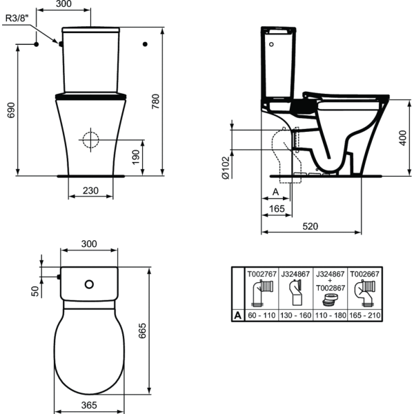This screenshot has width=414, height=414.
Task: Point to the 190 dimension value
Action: pos(135,157)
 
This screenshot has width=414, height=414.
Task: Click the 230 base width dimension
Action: pos(90,191)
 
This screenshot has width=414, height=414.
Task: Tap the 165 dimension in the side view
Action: pos(277,208)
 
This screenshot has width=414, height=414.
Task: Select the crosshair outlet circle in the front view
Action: pos(90,139)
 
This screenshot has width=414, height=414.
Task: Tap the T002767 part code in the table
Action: pos(262,274)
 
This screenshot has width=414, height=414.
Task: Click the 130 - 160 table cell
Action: pos(296,315)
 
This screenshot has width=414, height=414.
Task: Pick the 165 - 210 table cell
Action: pos(364,315)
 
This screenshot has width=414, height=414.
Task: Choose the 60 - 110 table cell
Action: pos(262,315)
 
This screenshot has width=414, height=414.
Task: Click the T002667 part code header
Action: pos(364,274)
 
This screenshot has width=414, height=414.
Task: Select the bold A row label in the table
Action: pos(237,315)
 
